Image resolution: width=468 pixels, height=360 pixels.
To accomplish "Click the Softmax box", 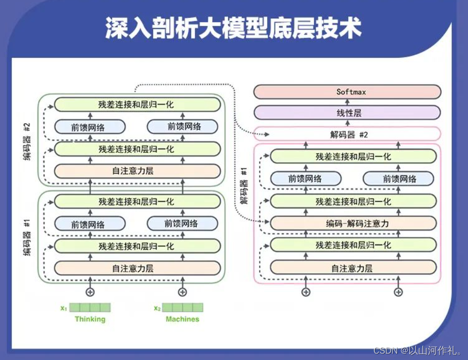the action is [x=347, y=92].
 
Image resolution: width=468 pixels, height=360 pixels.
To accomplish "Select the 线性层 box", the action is [x=347, y=113].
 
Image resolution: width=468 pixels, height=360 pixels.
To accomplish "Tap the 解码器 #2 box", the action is [x=347, y=134].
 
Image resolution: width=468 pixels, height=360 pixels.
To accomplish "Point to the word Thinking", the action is [x=90, y=319].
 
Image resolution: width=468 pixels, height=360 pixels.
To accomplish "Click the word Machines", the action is [x=182, y=319].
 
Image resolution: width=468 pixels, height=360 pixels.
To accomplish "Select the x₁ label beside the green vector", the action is [x=63, y=308].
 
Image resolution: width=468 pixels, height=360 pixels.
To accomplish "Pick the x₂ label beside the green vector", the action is [x=157, y=308].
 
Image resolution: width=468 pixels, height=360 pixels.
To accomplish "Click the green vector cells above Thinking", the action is [x=90, y=307].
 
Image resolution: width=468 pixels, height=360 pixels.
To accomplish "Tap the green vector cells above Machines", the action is [x=183, y=307].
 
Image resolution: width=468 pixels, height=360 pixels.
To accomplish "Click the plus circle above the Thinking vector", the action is [x=90, y=292].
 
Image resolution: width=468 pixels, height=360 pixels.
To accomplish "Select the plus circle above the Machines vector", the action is [x=182, y=292].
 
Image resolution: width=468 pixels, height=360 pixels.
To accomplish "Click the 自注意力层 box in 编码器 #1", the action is [x=137, y=268].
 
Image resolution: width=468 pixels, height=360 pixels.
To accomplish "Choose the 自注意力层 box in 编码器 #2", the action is [x=137, y=171].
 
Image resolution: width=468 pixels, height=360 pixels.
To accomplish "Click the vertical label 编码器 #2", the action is [x=28, y=141].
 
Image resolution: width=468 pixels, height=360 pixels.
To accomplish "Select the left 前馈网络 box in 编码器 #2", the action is [x=90, y=127].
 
